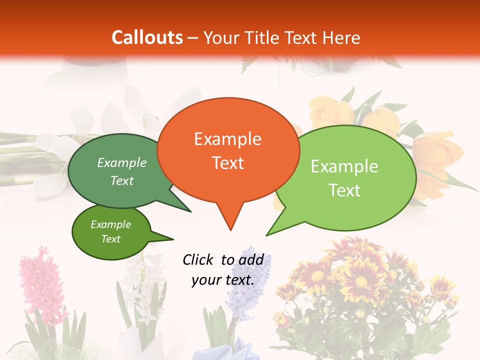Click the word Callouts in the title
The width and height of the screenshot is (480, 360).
[147, 37]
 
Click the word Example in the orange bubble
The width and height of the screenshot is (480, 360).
[228, 139]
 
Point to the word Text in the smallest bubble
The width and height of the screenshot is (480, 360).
[111, 239]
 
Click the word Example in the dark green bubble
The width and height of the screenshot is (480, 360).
[122, 163]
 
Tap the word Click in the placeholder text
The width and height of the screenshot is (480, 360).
[198, 259]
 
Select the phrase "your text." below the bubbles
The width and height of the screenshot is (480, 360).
[223, 280]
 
